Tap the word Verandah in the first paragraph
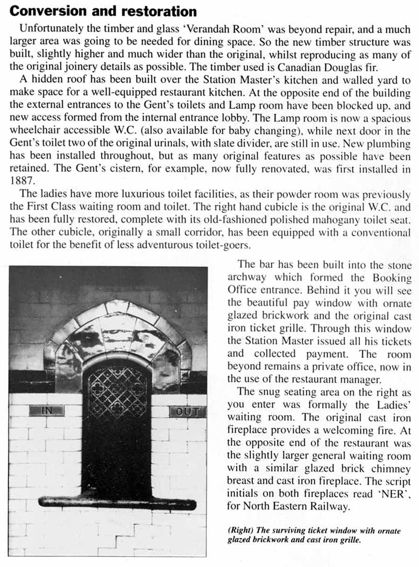[x=186, y=30]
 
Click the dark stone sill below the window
[x=117, y=503]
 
